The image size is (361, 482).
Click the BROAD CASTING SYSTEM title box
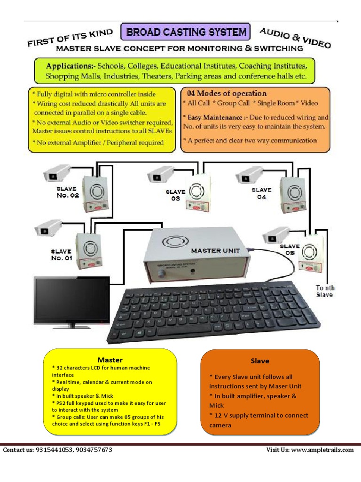186,32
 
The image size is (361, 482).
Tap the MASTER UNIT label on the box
212,250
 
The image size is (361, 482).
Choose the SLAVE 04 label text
261,193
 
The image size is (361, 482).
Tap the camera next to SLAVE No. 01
48,228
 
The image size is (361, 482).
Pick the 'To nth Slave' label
325,291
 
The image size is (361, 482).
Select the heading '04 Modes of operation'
227,93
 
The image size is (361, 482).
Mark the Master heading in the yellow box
110,360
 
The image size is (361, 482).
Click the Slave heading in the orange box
260,361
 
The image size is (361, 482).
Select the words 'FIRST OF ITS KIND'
71,38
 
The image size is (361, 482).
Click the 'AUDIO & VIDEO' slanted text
295,38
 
